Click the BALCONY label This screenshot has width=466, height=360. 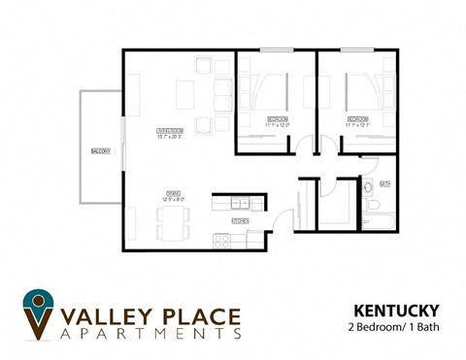[100, 150]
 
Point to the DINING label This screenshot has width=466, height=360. [172, 192]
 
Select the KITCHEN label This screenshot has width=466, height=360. [240, 221]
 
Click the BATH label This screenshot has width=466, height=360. [384, 183]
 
